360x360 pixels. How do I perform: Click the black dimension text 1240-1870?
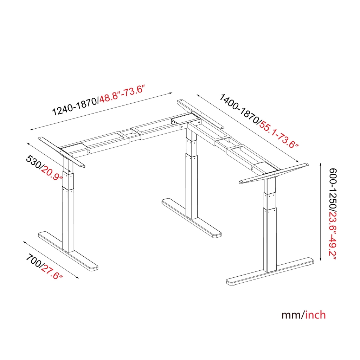pos(75,106)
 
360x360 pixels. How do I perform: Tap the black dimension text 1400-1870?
pos(239,109)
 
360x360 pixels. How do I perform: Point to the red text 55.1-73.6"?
pos(278,135)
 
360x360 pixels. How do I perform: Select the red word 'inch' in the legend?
pos(315,315)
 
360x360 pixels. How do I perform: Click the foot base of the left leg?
pos(68,251)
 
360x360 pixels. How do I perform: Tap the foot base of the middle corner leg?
pos(192,218)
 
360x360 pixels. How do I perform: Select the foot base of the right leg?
pos(270,271)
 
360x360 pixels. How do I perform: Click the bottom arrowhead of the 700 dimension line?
pos(78,278)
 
